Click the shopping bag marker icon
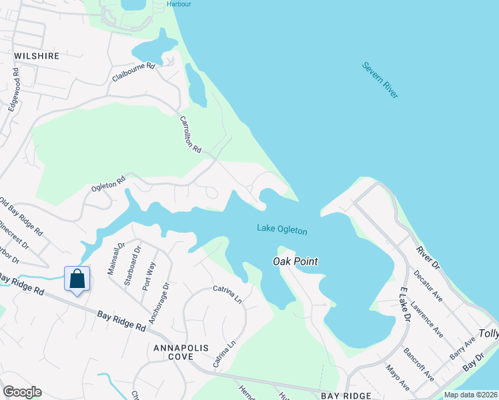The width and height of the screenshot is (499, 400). [77, 279]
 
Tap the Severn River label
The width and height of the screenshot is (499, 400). [380, 80]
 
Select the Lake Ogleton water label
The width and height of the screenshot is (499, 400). [282, 230]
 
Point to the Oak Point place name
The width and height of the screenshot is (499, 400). [295, 261]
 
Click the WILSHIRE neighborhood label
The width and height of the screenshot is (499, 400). [36, 56]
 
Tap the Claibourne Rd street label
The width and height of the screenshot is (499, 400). [133, 72]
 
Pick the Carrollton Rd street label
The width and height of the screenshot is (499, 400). [190, 135]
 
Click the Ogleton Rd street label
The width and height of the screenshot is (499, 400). [108, 184]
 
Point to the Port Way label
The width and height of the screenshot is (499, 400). [150, 274]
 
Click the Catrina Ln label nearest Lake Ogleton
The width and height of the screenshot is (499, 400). [227, 293]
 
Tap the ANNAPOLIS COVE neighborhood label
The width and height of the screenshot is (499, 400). [181, 353]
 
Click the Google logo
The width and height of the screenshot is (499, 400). [22, 392]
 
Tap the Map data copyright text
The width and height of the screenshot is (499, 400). [471, 395]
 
